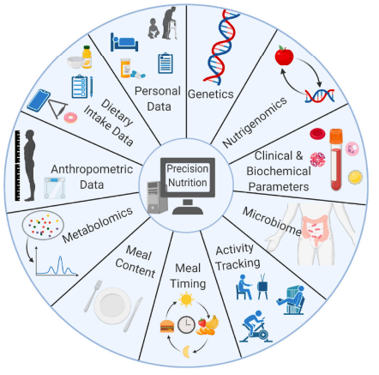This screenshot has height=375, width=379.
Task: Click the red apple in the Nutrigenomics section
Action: pos(284,55)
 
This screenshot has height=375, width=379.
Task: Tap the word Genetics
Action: pos(211,94)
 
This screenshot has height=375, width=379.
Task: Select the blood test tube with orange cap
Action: pos(336,160)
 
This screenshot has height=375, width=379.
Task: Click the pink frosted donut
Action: pos(70,118)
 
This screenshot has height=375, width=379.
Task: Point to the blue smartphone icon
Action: pos(39,100)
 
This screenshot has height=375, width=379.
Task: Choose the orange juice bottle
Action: pos(87,57)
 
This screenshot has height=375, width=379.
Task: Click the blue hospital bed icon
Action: pos(124,42)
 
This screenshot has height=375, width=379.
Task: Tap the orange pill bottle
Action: pos(125,68)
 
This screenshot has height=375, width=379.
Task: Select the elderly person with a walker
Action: pos(170,23)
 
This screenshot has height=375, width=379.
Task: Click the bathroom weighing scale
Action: pos(54,188)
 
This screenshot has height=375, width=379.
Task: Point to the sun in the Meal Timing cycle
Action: pos(186,299)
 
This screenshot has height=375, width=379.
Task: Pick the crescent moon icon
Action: pos(186,352)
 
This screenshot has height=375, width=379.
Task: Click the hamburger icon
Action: pos(167,326)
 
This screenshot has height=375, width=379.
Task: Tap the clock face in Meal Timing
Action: pos(186,325)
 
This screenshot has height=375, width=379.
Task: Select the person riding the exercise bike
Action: pos(256,327)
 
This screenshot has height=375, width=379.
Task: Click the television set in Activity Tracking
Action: pos(262,286)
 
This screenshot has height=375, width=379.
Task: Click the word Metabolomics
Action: pos(98,225)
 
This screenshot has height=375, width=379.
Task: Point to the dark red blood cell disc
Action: pos(317,134)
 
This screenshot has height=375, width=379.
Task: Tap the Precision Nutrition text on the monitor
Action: pos(188,176)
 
